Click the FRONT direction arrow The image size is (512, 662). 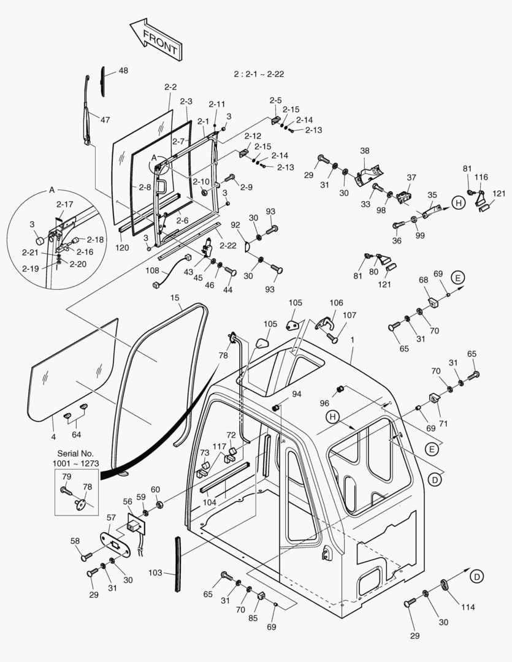155,39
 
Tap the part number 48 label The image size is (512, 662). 123,71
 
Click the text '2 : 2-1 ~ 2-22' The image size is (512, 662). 259,74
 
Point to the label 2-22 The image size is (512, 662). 228,245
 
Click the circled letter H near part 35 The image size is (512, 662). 457,202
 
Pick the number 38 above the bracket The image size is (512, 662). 365,150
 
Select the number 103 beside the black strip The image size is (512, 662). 155,573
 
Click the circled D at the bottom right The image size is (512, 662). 476,576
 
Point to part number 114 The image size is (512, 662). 468,608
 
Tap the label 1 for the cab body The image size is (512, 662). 352,340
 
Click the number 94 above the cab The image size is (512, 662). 297,394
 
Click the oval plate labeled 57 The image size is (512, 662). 115,544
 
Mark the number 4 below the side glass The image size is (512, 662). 53,436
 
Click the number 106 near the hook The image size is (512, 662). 336,303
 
